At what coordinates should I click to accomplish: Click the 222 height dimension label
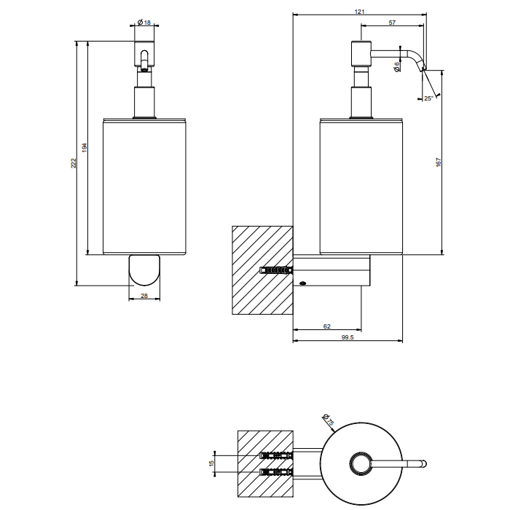pyautogui.click(x=73, y=165)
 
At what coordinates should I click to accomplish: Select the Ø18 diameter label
pyautogui.click(x=145, y=23)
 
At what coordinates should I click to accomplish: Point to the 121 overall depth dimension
pyautogui.click(x=359, y=12)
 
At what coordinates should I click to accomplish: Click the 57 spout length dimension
pyautogui.click(x=392, y=23)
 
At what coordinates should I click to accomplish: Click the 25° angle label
pyautogui.click(x=428, y=98)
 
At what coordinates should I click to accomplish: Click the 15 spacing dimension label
pyautogui.click(x=211, y=463)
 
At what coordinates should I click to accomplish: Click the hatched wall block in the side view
pyautogui.click(x=262, y=270)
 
